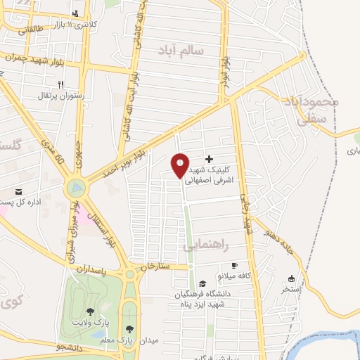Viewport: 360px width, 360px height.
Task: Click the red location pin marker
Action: [x=180, y=166]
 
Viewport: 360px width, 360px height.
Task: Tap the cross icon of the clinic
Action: [x=209, y=160]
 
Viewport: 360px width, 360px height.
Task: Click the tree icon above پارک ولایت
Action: [x=90, y=311]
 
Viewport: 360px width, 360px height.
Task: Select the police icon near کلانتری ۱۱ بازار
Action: [x=75, y=13]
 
